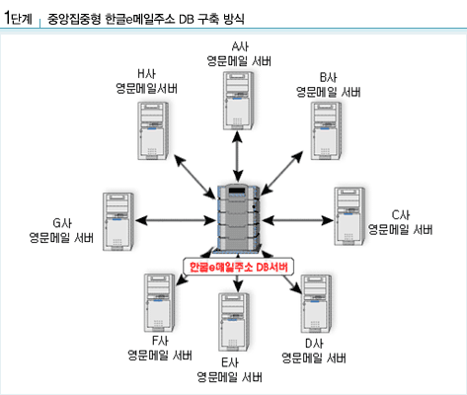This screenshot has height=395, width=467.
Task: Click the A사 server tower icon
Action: (239, 101)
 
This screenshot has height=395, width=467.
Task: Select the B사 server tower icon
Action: (326, 131)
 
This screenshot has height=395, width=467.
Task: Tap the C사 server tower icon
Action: (350, 216)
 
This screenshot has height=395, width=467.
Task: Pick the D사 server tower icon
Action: (316, 304)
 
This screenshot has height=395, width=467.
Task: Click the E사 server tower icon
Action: (234, 322)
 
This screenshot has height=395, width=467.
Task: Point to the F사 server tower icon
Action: (159, 303)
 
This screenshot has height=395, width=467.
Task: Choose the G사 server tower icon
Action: (118, 221)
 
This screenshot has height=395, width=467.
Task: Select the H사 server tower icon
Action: (153, 131)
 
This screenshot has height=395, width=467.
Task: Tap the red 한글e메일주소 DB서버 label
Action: (239, 267)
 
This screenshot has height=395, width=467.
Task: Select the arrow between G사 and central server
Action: (175, 220)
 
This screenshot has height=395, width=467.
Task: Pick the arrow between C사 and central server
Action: (298, 220)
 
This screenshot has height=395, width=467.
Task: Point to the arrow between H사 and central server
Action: (195, 177)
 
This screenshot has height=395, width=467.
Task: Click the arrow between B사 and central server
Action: (281, 173)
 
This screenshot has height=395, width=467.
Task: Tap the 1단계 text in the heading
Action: (18, 18)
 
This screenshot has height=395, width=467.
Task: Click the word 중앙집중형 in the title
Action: (74, 19)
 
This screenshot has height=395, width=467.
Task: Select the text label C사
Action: (401, 215)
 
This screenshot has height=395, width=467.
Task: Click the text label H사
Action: (146, 74)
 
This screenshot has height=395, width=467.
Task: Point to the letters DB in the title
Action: (187, 19)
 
